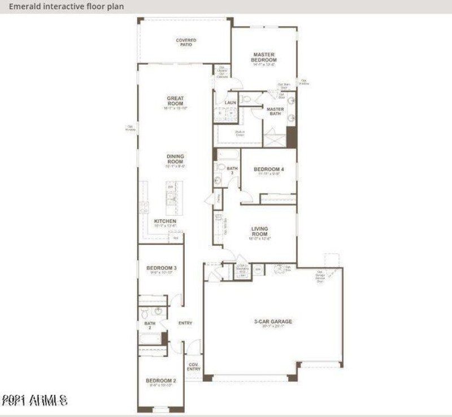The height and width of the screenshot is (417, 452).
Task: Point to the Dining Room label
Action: coord(175,159)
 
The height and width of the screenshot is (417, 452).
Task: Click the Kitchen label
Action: coord(166,221)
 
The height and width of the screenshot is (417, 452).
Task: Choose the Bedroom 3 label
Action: coord(162,268)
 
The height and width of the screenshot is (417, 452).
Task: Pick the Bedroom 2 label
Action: coord(161,381)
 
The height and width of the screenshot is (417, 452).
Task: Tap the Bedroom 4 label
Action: coord(269,169)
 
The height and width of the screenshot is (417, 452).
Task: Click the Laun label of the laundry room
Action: coord(230,102)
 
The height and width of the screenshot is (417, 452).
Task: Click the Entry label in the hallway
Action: coord(185,323)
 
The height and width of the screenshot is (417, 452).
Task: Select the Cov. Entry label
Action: coord(194,367)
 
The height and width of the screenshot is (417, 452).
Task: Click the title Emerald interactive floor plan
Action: coord(67,6)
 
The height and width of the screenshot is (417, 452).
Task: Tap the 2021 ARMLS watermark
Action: coord(35,401)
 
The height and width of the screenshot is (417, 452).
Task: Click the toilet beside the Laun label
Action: coord(247,100)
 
